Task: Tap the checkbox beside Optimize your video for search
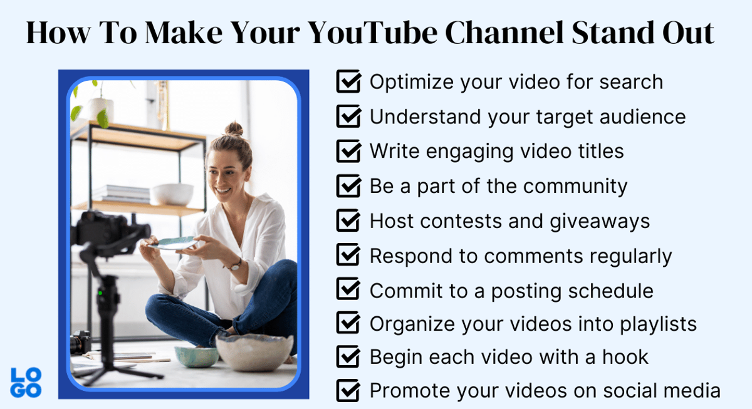click(x=348, y=81)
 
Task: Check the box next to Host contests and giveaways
click(x=348, y=220)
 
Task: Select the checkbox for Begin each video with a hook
click(x=348, y=357)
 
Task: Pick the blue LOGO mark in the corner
click(x=26, y=383)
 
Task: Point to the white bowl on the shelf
click(x=172, y=194)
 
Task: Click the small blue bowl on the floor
click(x=196, y=356)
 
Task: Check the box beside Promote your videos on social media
click(x=348, y=391)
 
